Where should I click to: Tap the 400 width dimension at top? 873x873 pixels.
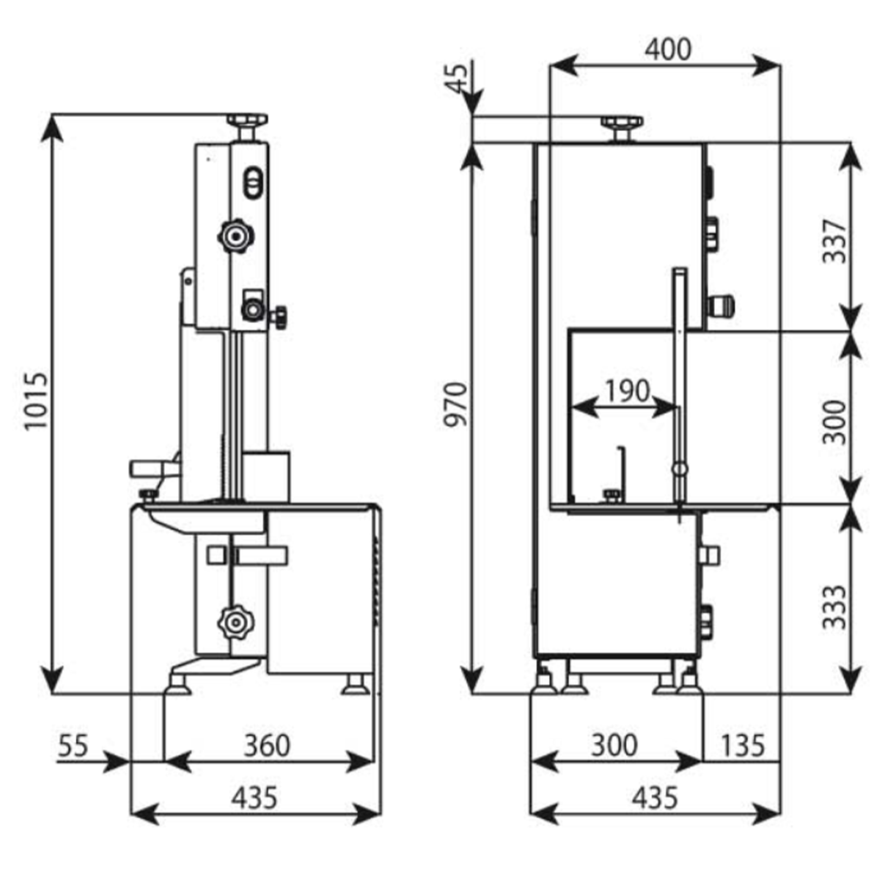pyautogui.click(x=667, y=49)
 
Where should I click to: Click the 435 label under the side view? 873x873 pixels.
pyautogui.click(x=254, y=796)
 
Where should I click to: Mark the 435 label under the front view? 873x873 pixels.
pyautogui.click(x=654, y=796)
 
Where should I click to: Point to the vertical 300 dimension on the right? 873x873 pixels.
pyautogui.click(x=835, y=422)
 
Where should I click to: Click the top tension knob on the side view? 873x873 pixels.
pyautogui.click(x=247, y=120)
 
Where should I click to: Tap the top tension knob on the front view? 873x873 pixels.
pyautogui.click(x=622, y=122)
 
